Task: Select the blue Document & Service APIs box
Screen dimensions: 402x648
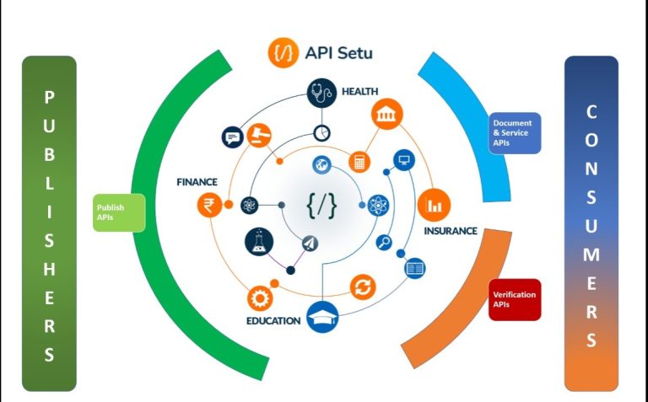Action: coord(515,133)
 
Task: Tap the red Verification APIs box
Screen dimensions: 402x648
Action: coord(514,299)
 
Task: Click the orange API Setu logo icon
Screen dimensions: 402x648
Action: coord(283,52)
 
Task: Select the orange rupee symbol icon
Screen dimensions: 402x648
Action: coord(208,204)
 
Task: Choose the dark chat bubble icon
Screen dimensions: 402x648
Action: coord(232,137)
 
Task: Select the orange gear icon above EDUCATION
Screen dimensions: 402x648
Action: coord(259,297)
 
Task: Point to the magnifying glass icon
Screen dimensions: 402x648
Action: coord(385,243)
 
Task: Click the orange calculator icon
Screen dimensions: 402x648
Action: coord(360,161)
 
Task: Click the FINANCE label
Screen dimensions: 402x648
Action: coord(197,181)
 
